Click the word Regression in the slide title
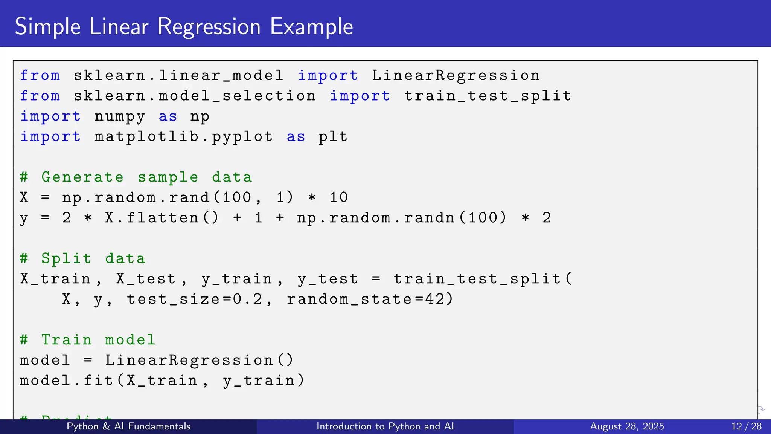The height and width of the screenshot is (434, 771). (x=209, y=27)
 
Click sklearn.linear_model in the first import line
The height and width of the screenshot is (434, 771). (x=178, y=76)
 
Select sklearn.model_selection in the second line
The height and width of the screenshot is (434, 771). (x=194, y=96)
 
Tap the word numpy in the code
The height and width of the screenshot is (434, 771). (x=119, y=117)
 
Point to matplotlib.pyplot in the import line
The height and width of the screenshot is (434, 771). (x=183, y=137)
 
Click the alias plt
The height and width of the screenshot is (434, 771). (x=333, y=137)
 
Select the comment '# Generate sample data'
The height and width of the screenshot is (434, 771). (x=136, y=177)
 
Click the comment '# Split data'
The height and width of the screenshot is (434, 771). (x=82, y=258)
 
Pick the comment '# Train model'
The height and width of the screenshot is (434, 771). (x=87, y=340)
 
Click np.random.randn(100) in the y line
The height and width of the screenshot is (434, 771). (x=401, y=218)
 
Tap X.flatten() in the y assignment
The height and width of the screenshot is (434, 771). (x=162, y=218)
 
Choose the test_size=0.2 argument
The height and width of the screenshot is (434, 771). (x=194, y=299)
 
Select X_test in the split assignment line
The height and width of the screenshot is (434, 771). (x=146, y=279)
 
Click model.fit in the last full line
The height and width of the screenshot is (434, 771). (x=66, y=381)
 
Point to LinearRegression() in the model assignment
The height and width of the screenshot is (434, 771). (x=199, y=360)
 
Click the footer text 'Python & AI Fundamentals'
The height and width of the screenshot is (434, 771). (x=128, y=426)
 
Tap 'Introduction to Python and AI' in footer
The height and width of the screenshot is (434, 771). (x=385, y=426)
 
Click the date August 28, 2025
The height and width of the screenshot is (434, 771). (x=627, y=426)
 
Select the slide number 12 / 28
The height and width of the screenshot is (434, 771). (x=746, y=426)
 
